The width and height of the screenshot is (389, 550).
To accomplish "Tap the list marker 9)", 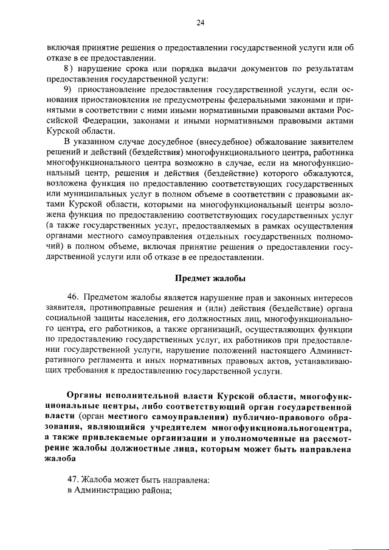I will click(x=73, y=89).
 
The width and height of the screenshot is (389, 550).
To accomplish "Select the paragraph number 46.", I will click(x=74, y=297).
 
